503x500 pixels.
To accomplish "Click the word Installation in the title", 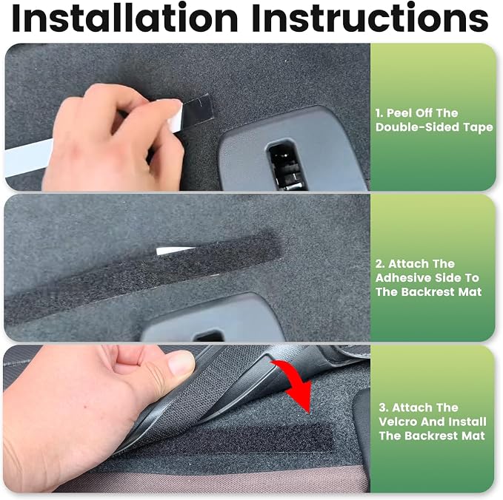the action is tap(124, 18).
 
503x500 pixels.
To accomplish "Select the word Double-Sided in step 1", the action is tap(417, 127).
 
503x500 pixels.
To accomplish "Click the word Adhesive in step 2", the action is tap(402, 277).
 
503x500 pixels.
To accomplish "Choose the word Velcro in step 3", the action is tap(398, 422).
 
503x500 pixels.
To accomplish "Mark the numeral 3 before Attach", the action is tap(383, 408).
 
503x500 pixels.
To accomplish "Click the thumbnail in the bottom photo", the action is tap(181, 363).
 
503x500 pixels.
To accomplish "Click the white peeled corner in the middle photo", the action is tap(175, 251).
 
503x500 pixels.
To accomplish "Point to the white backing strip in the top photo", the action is tap(28, 158).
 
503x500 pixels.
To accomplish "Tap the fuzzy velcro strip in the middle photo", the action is tap(141, 277).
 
